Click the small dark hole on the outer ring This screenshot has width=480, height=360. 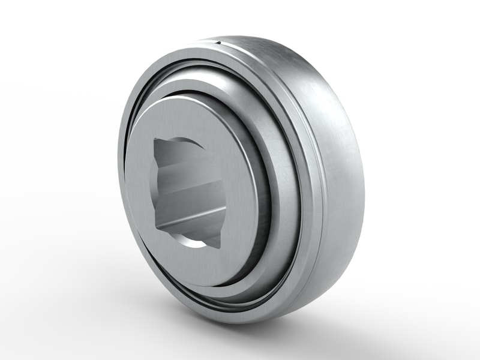pos(220,44)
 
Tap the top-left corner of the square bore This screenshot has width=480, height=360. pos(155,139)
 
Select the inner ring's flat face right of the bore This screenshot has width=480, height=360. pos(237,192)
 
